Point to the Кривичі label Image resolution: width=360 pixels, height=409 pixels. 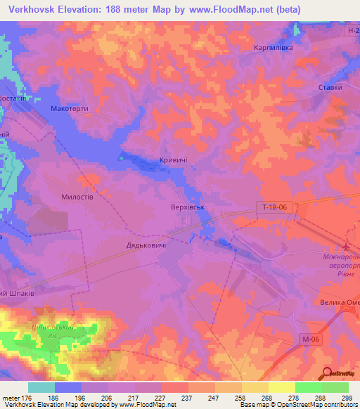coord(174,161)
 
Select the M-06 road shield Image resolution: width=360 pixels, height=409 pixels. coord(302,339)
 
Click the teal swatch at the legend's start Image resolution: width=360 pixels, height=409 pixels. coord(41,387)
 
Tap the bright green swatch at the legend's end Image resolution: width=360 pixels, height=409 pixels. coord(335,387)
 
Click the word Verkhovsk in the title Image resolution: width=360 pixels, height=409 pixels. coord(37,10)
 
